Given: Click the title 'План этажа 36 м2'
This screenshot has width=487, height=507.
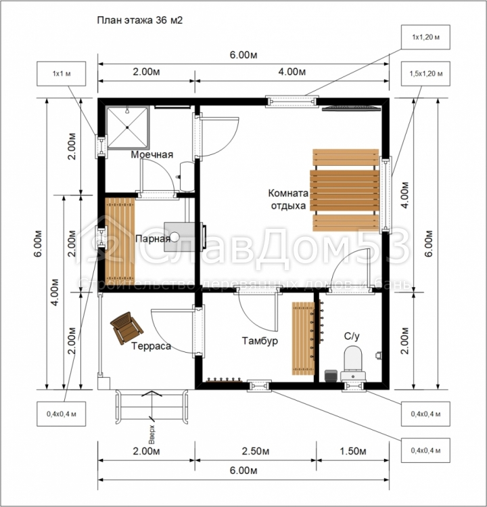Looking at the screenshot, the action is pos(140,20).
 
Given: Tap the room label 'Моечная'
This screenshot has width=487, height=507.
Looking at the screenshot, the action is pos(152,154).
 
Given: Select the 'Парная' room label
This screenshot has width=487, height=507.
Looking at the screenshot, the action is pos(153,239).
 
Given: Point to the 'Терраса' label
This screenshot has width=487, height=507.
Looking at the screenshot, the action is pos(151,347).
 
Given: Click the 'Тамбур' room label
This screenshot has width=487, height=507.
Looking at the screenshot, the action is pos(260,340).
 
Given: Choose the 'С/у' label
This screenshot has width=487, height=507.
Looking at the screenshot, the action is pos(352,336).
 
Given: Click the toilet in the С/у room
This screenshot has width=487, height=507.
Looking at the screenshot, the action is pos(353,363).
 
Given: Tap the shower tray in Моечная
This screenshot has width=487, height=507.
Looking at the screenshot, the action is pos(128,127).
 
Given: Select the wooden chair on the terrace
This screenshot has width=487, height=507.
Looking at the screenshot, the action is pos(126,328).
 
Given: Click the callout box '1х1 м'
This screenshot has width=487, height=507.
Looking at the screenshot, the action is pos(62,74).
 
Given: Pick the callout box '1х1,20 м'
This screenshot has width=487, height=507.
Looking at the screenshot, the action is pos(425,37).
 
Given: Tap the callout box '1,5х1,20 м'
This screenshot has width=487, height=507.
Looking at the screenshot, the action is pos(425,74).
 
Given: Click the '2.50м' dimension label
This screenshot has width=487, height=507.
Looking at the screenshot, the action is pos(256,451).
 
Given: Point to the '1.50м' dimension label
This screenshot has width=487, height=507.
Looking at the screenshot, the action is pos(352,451).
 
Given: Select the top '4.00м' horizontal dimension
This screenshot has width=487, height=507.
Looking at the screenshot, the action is pos(292,72).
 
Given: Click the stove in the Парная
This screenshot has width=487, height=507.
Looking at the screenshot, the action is pos(183,236).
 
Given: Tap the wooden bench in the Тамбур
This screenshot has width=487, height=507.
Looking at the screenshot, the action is pos(303,338).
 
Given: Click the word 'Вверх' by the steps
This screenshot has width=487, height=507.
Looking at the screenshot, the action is pos(152,435).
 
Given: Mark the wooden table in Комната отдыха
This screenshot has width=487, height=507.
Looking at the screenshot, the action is pos(344,190).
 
